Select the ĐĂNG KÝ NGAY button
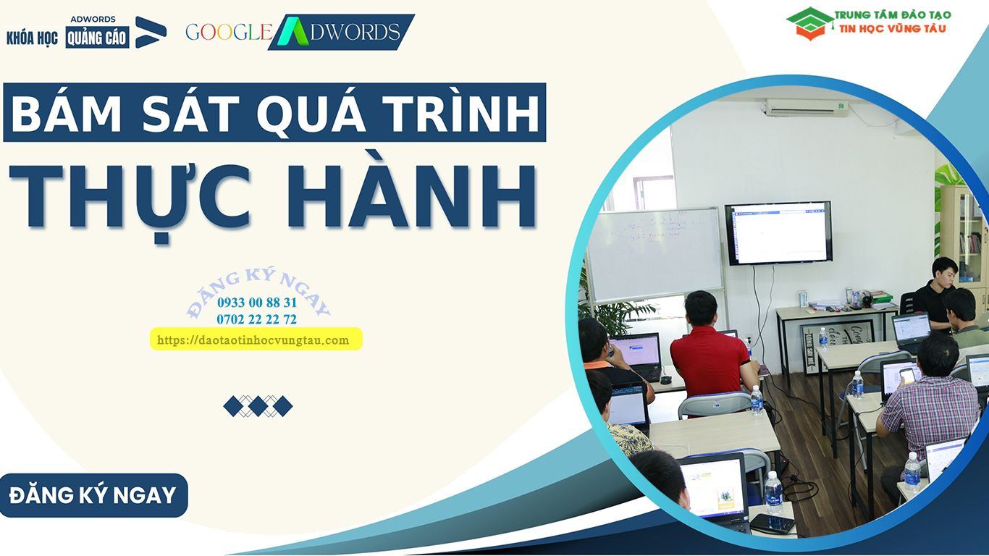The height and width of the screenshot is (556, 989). (x=93, y=495)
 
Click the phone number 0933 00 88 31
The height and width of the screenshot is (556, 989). (x=256, y=303)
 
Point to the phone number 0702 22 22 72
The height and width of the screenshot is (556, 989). (x=256, y=319)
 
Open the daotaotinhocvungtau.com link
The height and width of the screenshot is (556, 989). (x=256, y=340)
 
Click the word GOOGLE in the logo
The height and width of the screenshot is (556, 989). (x=228, y=32)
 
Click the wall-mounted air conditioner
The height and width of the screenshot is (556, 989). (x=805, y=107)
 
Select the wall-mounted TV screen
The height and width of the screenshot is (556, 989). (x=778, y=233)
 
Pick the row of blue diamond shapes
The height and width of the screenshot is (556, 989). (x=258, y=406)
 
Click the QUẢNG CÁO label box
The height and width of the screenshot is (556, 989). (x=97, y=38)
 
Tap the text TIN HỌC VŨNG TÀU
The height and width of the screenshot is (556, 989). (x=892, y=29)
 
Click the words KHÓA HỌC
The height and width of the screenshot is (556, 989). (x=32, y=38)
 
